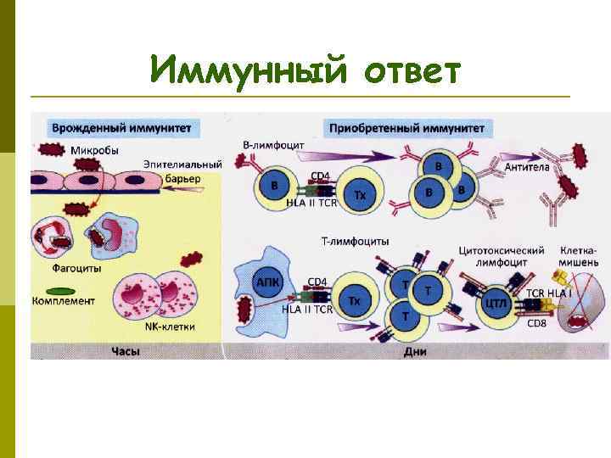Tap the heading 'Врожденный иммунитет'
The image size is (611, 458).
pos(121,128)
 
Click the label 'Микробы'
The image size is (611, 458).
pos(94,150)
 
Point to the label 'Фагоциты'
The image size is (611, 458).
pos(76,268)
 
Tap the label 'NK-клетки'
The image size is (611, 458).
pos(170,326)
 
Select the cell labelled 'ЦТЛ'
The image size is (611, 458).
pos(495,301)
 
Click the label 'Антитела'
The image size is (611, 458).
pos(527,167)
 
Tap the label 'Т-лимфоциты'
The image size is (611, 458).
pos(356,241)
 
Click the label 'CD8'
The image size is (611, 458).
pos(537,323)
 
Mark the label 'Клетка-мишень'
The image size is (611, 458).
pos(580,257)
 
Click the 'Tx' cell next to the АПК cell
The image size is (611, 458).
pos(355,301)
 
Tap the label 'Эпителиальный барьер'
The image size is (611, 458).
pos(182,170)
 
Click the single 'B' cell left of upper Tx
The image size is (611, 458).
pos(273,185)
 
